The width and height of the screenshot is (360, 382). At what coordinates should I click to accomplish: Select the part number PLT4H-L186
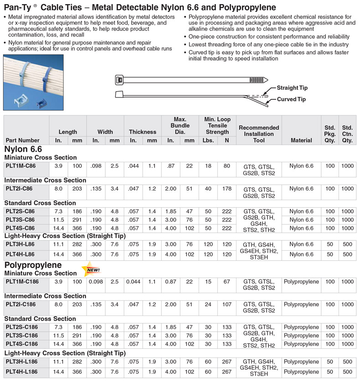21,372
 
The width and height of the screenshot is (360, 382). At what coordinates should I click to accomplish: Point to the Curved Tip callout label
292,99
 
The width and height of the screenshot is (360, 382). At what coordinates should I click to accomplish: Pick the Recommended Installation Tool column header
258,134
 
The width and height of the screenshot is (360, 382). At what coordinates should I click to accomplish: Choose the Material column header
301,140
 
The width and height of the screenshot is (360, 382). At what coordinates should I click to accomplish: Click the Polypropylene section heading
33,265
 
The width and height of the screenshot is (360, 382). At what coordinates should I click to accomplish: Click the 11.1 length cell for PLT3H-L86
58,244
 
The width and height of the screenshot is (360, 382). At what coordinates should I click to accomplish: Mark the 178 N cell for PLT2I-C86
226,189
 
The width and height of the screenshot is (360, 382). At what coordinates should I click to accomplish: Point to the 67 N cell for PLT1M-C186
226,282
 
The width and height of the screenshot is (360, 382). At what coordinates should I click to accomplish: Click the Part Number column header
22,140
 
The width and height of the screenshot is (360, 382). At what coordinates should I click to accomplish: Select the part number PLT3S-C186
21,336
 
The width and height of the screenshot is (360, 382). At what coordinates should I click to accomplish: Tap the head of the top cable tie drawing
119,80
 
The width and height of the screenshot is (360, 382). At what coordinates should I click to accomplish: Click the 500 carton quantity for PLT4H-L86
348,254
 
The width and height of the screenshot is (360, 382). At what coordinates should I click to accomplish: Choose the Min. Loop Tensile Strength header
217,126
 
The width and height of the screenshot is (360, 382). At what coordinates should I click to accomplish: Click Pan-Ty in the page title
17,7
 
